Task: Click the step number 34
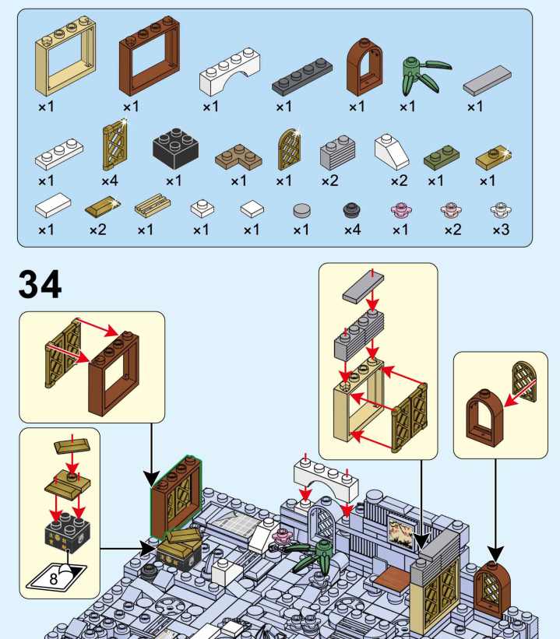pos(40,284)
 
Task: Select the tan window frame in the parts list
pos(65,66)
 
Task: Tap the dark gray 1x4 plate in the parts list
pos(303,73)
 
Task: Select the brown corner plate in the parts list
pos(238,156)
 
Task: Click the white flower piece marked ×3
pos(500,209)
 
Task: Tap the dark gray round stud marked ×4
pos(352,209)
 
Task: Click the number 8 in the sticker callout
pos(53,578)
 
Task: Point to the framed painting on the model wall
pos(401,535)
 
